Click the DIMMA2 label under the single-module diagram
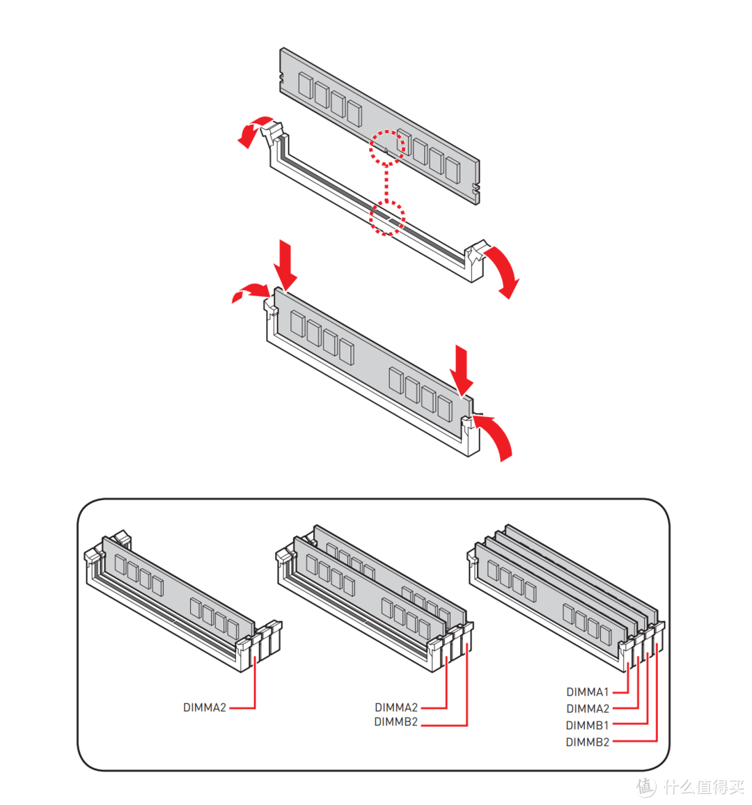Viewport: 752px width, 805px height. point(205,708)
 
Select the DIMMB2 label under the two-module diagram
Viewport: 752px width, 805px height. point(395,722)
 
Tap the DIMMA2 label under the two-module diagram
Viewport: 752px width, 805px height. point(396,708)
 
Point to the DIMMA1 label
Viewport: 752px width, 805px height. point(587,692)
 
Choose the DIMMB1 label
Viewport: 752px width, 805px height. point(587,726)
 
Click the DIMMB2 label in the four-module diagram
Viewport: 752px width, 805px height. point(587,742)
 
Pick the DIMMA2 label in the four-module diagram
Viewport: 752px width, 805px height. point(587,709)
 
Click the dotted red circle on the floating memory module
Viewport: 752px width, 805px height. point(386,147)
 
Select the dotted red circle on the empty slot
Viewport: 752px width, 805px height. point(386,218)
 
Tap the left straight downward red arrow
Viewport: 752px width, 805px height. point(285,265)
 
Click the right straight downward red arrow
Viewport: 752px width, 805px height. point(461,369)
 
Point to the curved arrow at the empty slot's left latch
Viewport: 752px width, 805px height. point(253,130)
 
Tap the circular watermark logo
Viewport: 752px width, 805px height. point(645,787)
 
